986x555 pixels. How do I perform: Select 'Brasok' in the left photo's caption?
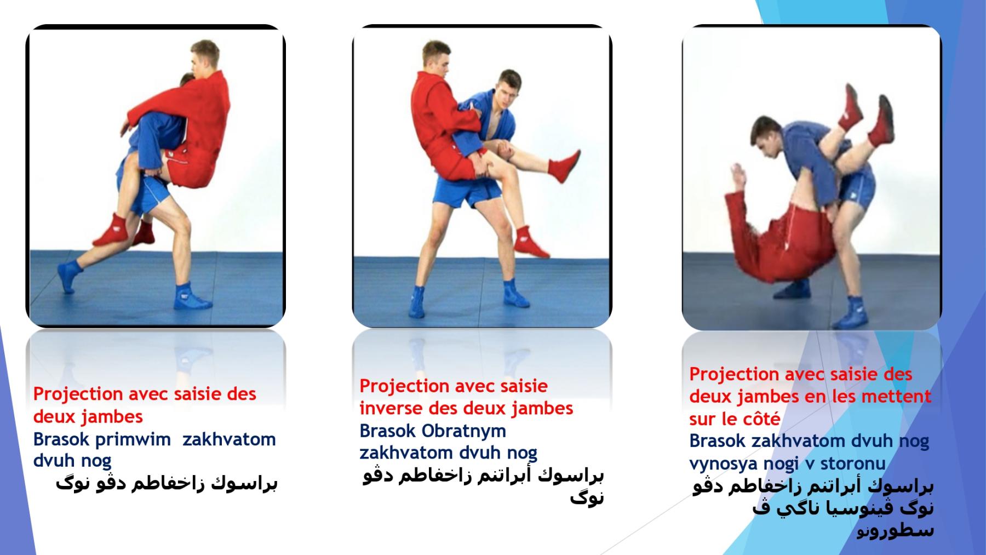pyautogui.click(x=61, y=439)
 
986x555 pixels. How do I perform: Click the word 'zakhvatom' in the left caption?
pyautogui.click(x=229, y=439)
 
